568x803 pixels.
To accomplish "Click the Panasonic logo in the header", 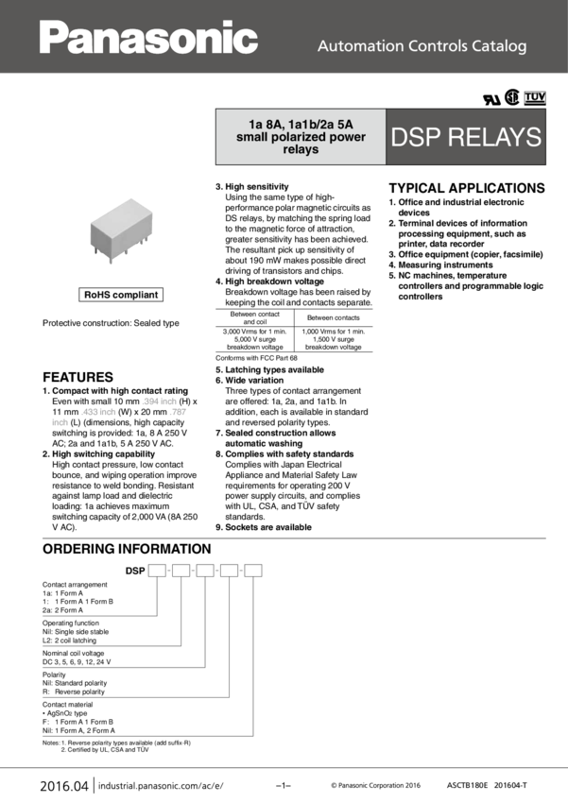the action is (x=148, y=38).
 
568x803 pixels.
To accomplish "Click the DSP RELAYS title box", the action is (x=466, y=137).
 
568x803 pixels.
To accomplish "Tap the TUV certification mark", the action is (x=535, y=97).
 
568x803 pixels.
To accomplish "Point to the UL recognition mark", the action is (x=491, y=99).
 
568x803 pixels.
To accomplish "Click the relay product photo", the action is (x=121, y=231).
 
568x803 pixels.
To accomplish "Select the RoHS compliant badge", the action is (x=121, y=295).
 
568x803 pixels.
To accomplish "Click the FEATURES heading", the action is (x=77, y=377).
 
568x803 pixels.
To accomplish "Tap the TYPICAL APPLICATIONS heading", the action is (x=467, y=188).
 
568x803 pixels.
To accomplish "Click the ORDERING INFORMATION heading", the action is (x=127, y=549).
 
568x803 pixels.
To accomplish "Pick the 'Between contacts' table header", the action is (x=334, y=317).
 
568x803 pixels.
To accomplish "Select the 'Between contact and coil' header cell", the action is (x=254, y=317).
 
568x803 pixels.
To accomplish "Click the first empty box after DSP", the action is (x=157, y=570).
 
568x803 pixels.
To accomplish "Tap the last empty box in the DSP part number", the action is (x=253, y=570).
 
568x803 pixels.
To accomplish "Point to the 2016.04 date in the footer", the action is (x=64, y=786).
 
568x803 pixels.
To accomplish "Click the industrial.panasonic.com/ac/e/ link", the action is (x=161, y=786).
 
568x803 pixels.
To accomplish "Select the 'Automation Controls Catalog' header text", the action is (x=422, y=46).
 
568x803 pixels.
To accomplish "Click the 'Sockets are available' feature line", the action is (x=264, y=527).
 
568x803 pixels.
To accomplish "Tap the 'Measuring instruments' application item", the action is (x=440, y=265).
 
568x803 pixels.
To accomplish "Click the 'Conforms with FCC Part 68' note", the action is (x=256, y=358).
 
